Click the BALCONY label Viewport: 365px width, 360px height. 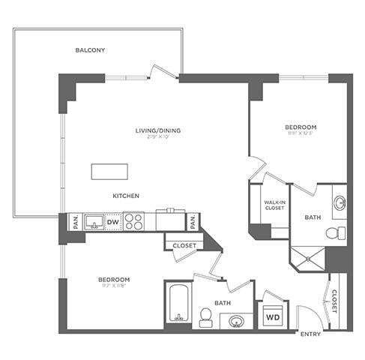click(x=90, y=50)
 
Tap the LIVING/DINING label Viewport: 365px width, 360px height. click(x=157, y=131)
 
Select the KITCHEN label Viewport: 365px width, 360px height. click(x=126, y=196)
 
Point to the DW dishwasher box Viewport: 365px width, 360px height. click(x=113, y=222)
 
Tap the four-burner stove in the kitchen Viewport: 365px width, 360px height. click(x=134, y=222)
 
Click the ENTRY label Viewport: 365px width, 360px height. click(x=310, y=334)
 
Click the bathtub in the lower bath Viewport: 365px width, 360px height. click(x=178, y=304)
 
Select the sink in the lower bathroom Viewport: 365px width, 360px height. click(x=237, y=322)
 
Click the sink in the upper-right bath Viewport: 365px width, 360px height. click(x=338, y=201)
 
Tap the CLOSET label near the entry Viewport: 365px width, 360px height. click(x=334, y=301)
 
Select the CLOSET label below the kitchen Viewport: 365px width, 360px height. click(x=184, y=245)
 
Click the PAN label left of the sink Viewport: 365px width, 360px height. click(x=75, y=221)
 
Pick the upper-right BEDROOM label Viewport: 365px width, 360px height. click(x=300, y=127)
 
